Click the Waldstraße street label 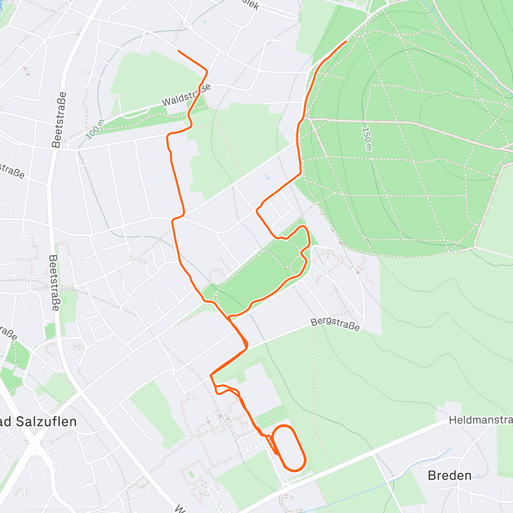click(x=186, y=95)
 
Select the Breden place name click(x=449, y=475)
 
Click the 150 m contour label click(x=366, y=139)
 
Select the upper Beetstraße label click(x=59, y=120)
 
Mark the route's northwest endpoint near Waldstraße click(x=178, y=51)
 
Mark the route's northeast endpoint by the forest click(x=346, y=41)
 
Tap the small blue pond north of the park click(x=268, y=177)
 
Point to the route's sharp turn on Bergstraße click(x=247, y=345)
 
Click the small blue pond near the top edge click(x=205, y=22)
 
